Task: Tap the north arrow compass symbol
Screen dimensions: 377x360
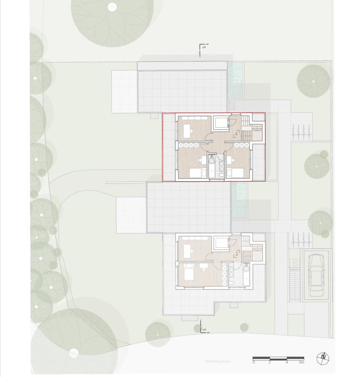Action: click(323, 358)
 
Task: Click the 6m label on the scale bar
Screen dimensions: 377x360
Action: click(301, 363)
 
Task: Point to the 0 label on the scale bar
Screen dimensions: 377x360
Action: click(254, 363)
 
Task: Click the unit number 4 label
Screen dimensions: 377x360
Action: click(236, 135)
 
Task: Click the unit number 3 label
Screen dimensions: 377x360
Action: click(236, 254)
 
